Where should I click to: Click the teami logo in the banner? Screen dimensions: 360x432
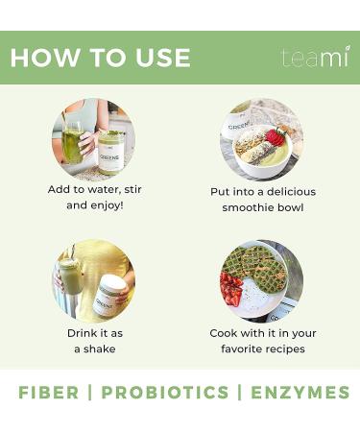(316, 57)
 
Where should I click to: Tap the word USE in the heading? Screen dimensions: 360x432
(162, 58)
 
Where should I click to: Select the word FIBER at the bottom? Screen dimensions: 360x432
(49, 393)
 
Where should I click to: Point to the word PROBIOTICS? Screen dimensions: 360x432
(165, 393)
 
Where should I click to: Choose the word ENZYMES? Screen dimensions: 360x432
(300, 393)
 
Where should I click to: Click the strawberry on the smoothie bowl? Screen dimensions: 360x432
(274, 136)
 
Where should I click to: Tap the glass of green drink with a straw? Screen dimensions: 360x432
(72, 142)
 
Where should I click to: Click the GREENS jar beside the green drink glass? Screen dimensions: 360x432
(111, 153)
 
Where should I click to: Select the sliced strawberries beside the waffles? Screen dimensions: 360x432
(231, 290)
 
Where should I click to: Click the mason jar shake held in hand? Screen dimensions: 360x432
(70, 276)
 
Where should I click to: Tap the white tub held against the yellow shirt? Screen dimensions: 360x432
(109, 295)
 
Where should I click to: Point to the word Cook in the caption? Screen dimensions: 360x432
(224, 333)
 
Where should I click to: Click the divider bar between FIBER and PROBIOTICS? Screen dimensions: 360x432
(90, 393)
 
